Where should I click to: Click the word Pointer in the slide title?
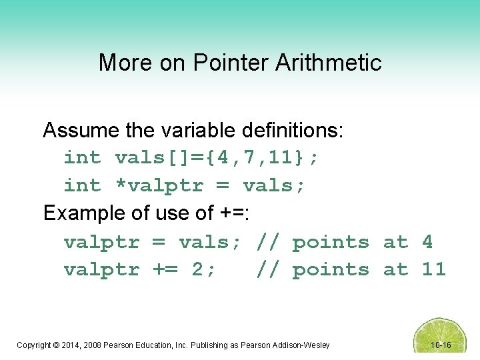(229, 63)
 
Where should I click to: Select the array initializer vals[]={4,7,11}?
(217, 158)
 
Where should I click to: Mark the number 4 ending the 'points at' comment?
(427, 242)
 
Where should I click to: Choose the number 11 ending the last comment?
(433, 270)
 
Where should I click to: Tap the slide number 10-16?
(441, 345)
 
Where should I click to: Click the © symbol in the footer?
(61, 345)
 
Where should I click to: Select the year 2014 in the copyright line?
(75, 345)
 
